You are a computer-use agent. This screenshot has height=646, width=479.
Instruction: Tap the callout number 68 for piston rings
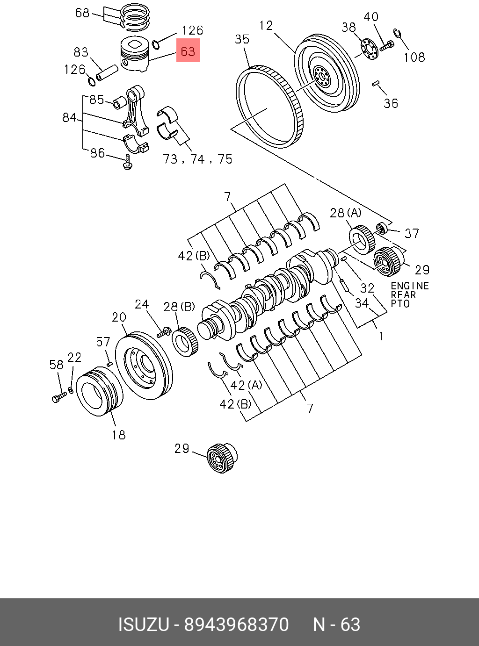point(82,13)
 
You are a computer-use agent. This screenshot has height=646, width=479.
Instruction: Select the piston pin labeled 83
point(107,73)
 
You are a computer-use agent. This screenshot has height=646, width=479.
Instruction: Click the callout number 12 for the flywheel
point(266,26)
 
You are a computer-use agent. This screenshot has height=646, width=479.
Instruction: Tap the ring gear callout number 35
point(242,39)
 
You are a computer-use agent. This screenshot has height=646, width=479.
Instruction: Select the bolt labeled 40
point(386,46)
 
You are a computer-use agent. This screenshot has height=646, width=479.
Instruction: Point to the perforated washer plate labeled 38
point(369,50)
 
